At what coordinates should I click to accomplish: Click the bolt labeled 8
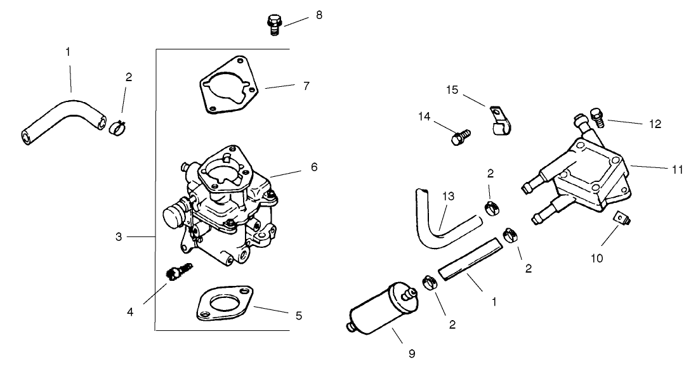[x=273, y=25]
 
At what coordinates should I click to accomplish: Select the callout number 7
[x=306, y=86]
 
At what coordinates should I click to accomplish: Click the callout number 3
[x=119, y=236]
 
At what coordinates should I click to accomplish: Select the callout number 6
[x=314, y=167]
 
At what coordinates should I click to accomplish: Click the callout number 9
[x=411, y=354]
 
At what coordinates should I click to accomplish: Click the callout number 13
[x=449, y=197]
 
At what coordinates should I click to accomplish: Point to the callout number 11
[x=677, y=169]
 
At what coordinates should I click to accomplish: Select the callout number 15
[x=452, y=90]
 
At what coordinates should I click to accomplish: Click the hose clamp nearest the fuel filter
[x=428, y=282]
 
